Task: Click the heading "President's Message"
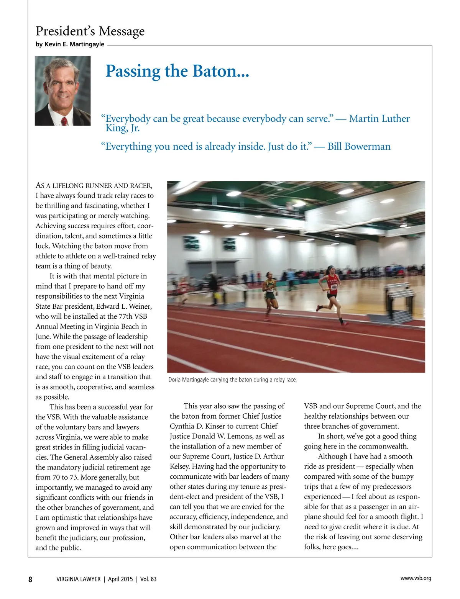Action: pos(90,31)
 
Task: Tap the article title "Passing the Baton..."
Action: pos(177,71)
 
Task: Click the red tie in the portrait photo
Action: pos(64,121)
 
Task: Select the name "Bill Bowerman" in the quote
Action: pos(359,147)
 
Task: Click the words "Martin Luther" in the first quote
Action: pos(379,119)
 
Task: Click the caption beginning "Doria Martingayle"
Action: pos(232,380)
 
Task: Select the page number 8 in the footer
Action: pos(30,579)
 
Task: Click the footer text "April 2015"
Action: pos(120,579)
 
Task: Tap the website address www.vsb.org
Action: pos(416,578)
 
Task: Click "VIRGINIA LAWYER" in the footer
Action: pos(78,579)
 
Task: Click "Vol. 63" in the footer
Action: pos(148,579)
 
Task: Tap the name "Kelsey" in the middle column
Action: pos(180,466)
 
